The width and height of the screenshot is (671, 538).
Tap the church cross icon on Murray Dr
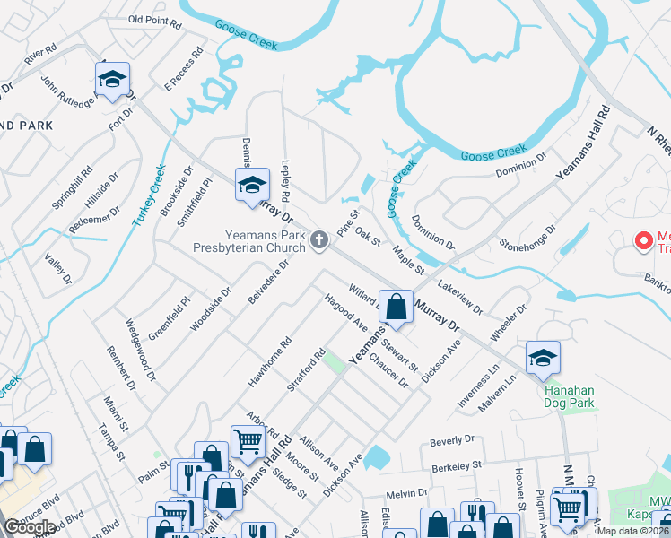point(318,239)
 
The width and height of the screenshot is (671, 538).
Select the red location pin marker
point(643,240)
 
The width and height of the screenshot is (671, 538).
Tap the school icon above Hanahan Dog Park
point(543,358)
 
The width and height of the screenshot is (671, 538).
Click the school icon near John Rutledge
point(112,80)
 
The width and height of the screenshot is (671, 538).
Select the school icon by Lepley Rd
point(252,185)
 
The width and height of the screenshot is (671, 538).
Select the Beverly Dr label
point(450,440)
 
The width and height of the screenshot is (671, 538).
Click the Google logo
point(30,527)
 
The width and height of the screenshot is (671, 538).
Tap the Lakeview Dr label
point(460,297)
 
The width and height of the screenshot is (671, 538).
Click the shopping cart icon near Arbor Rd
point(247,440)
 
